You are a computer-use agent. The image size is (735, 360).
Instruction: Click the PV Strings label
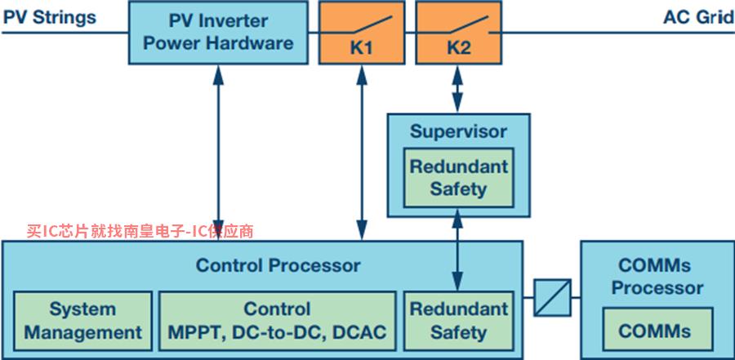click(x=49, y=17)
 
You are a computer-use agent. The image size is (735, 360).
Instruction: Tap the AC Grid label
click(x=698, y=17)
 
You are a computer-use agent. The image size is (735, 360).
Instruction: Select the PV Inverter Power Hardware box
click(x=218, y=33)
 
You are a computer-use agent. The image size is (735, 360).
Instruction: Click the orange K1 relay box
click(x=362, y=33)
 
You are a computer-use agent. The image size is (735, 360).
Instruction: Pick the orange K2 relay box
click(x=458, y=33)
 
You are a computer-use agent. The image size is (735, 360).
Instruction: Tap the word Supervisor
click(x=458, y=131)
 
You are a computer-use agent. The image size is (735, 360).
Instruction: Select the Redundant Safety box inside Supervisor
click(x=458, y=178)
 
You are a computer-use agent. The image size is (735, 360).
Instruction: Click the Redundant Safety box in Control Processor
click(x=458, y=321)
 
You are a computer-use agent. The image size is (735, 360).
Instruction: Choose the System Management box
click(x=83, y=321)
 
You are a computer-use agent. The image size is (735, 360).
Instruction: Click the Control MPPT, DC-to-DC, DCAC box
click(x=277, y=321)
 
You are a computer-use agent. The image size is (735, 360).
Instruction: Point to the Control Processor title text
click(x=278, y=265)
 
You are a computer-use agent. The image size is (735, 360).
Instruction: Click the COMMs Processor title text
click(x=657, y=277)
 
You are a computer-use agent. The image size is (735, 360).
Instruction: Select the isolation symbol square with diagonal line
click(x=553, y=298)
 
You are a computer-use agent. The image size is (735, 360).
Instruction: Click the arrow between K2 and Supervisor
click(x=457, y=89)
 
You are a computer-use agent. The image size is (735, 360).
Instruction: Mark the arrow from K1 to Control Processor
click(x=362, y=153)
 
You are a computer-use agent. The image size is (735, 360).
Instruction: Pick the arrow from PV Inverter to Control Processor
click(x=218, y=153)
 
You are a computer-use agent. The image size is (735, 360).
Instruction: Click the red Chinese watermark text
click(x=140, y=231)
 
